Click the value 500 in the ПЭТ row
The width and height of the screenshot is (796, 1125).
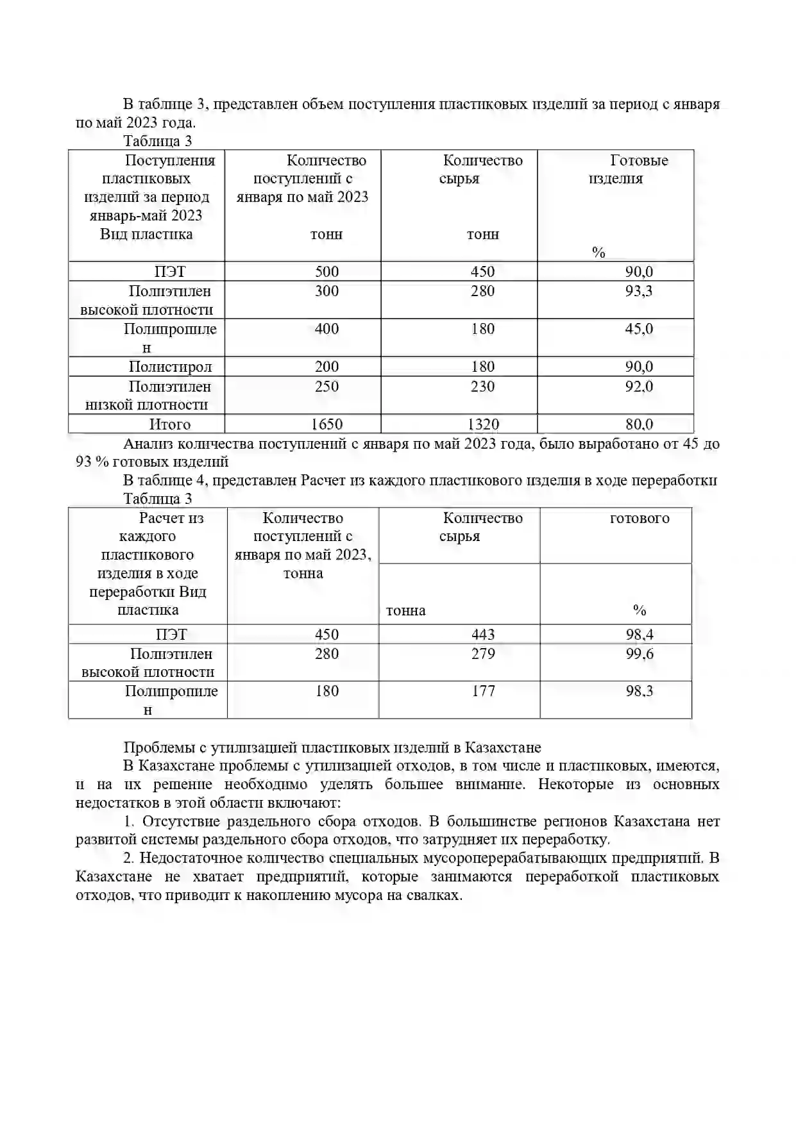[x=326, y=271]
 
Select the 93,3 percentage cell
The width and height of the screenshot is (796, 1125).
[x=639, y=291]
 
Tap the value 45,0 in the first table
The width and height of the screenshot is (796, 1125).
[x=639, y=329]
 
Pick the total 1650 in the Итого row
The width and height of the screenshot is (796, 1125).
[x=326, y=424]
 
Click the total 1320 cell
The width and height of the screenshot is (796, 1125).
[x=483, y=424]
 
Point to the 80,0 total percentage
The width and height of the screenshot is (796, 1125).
[x=639, y=424]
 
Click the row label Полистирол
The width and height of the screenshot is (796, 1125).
[x=170, y=367]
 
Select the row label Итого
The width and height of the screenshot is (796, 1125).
[x=170, y=424]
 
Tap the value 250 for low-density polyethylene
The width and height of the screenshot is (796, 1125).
[x=326, y=387]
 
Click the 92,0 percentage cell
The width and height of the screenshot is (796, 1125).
[x=639, y=387]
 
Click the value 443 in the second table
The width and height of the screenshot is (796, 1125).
[x=483, y=635]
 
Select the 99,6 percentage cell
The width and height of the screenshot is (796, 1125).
[x=639, y=654]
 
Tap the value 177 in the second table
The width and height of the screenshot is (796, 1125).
[x=483, y=691]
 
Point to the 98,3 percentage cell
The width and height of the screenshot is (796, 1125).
[x=639, y=691]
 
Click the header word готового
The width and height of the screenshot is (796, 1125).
[x=639, y=518]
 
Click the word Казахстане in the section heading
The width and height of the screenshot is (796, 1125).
[x=503, y=747]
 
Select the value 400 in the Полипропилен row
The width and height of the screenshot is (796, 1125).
[x=326, y=329]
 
